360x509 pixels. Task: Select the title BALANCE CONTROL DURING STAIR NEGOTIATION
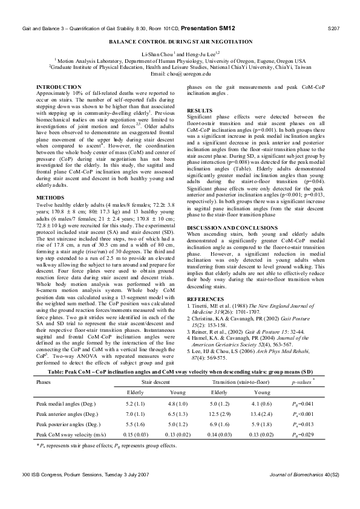tap(180, 42)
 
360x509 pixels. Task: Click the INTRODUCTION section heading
tap(59, 87)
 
